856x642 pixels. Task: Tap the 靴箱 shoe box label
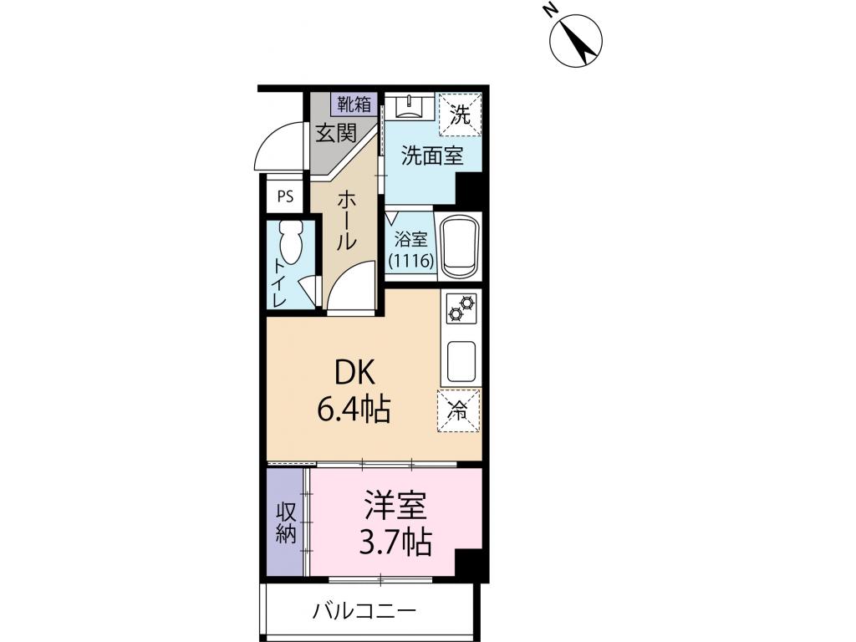(x=354, y=104)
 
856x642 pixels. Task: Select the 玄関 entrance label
(x=336, y=132)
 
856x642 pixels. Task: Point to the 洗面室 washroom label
(x=431, y=156)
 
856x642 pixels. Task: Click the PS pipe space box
(x=286, y=198)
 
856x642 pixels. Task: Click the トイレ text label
(x=278, y=282)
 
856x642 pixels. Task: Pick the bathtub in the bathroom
(x=459, y=247)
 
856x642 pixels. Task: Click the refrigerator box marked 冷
(x=459, y=410)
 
